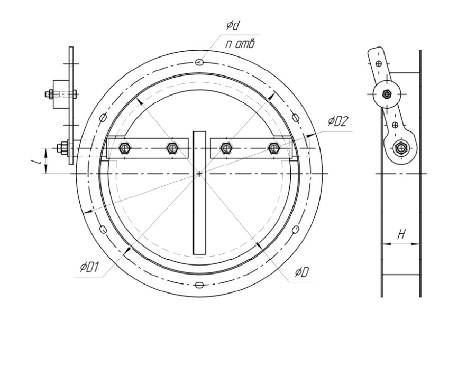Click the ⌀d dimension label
233,25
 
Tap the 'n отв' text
240,44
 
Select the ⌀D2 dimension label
337,121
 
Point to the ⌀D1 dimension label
89,268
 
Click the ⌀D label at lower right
302,272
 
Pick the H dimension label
401,234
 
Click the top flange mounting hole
199,62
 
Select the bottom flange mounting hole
199,285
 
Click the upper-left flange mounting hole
103,118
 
